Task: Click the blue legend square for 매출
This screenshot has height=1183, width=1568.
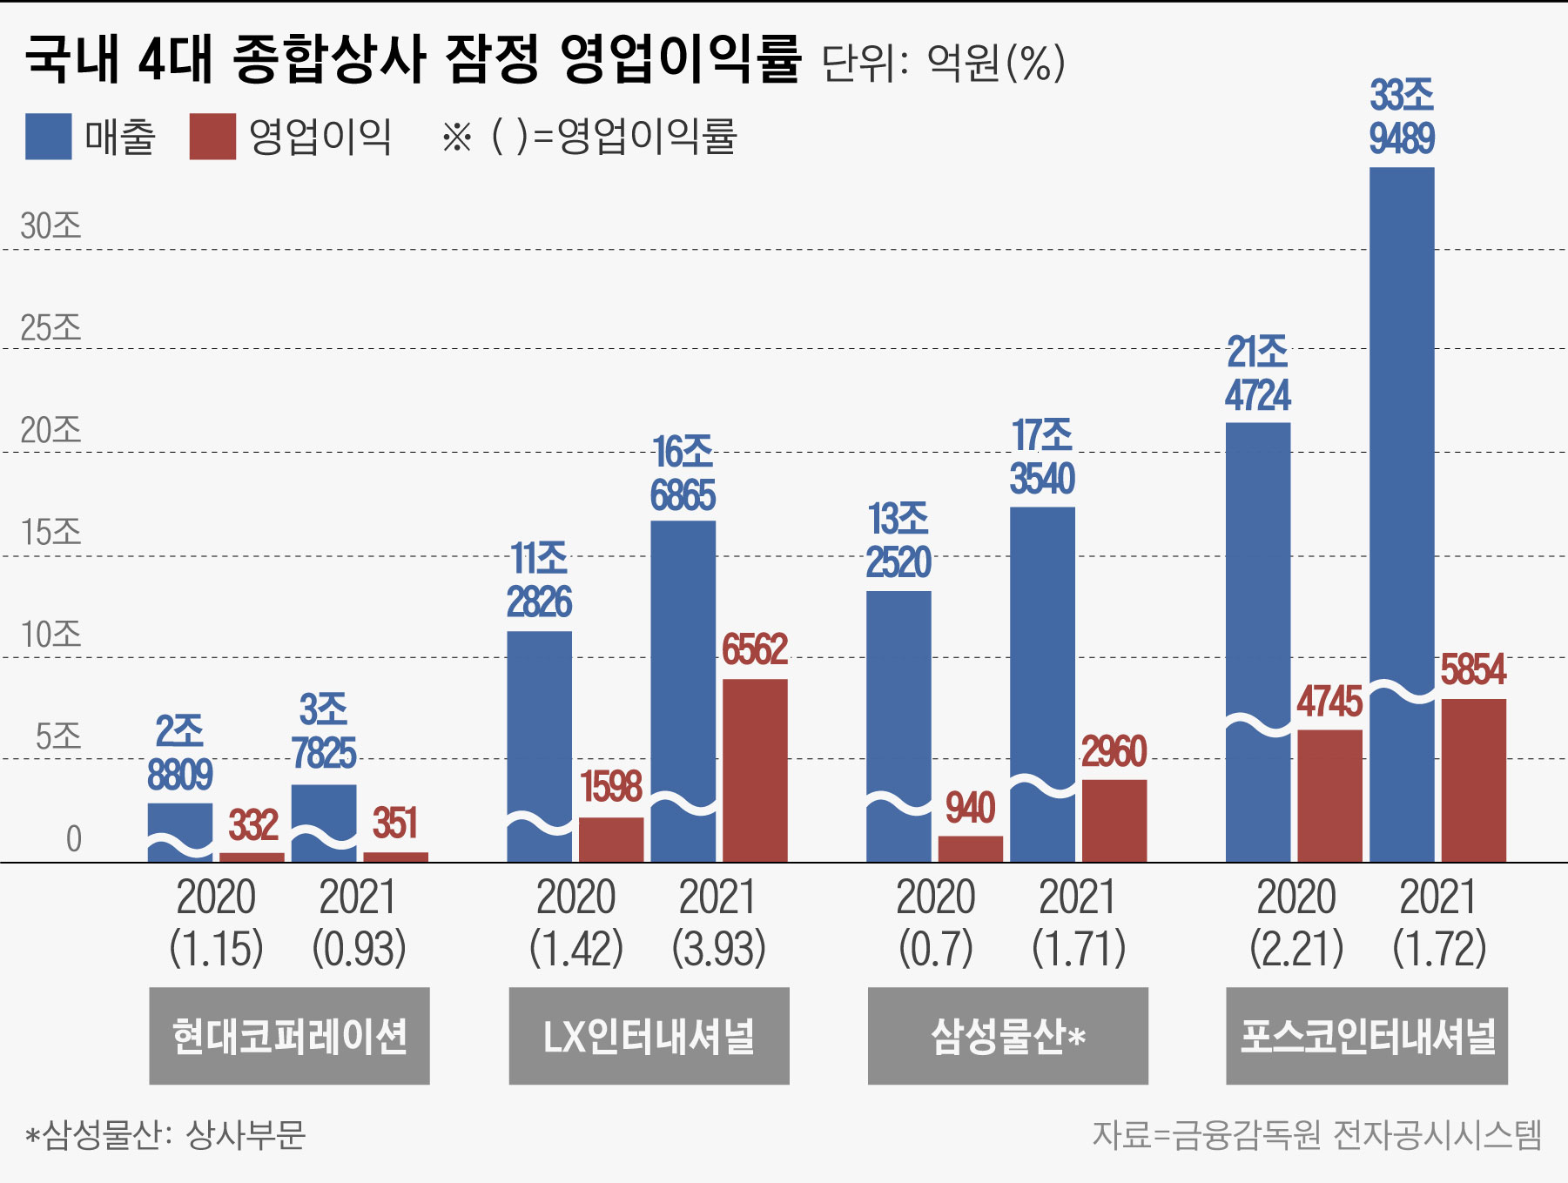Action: tap(48, 137)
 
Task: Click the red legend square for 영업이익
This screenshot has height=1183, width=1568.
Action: tap(212, 137)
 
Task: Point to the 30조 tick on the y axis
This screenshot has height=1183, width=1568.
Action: tap(50, 226)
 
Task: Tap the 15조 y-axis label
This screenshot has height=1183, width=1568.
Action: tap(50, 533)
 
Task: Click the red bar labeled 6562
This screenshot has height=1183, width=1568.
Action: tap(755, 770)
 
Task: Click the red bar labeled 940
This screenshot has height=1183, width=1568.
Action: tap(970, 849)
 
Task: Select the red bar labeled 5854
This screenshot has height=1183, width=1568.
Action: tap(1473, 779)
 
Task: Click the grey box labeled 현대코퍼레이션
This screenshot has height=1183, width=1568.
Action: tap(289, 1036)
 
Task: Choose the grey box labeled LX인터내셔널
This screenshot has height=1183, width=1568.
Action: tap(649, 1036)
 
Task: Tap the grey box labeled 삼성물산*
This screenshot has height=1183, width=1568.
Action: tap(1007, 1036)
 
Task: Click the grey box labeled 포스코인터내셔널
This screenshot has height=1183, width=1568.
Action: tap(1366, 1036)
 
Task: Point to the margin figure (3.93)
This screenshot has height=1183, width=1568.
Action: tap(718, 949)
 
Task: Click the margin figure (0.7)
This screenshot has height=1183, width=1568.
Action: tap(935, 949)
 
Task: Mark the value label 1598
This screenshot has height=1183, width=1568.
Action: tap(611, 787)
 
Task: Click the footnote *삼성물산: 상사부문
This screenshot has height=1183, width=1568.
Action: tap(165, 1134)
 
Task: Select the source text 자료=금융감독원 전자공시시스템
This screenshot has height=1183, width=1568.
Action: tap(1316, 1134)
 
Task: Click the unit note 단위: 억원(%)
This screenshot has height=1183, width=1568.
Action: tap(943, 63)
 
